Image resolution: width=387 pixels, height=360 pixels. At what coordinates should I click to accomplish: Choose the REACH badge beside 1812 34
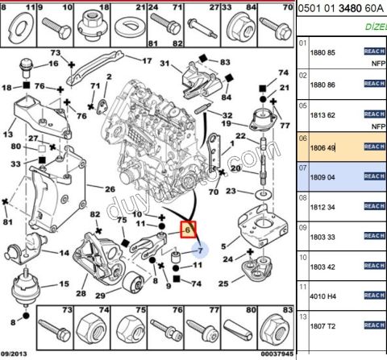coord(374,206)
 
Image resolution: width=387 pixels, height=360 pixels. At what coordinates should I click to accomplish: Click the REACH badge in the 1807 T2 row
coord(374,325)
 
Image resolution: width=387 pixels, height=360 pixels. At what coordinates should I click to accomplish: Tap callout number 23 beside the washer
coord(231,192)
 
